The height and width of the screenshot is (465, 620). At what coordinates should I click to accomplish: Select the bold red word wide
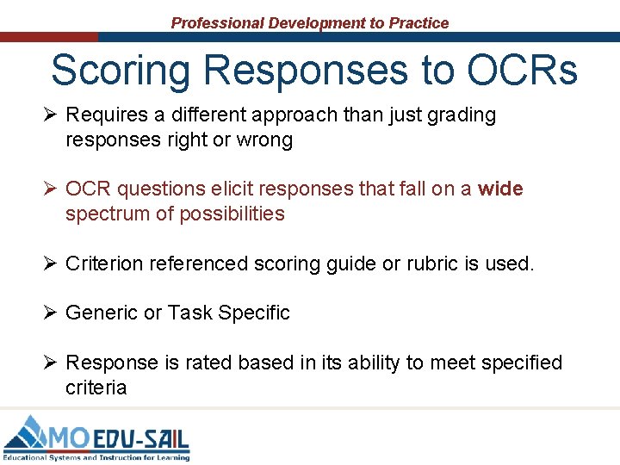point(500,189)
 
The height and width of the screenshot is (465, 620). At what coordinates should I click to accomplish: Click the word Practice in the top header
point(418,23)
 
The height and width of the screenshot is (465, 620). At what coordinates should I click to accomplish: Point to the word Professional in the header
point(217,23)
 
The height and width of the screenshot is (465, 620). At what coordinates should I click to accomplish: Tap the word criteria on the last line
point(96,387)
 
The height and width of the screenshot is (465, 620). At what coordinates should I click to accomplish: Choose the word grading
point(461,115)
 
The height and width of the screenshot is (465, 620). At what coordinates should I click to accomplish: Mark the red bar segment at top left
point(49,37)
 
